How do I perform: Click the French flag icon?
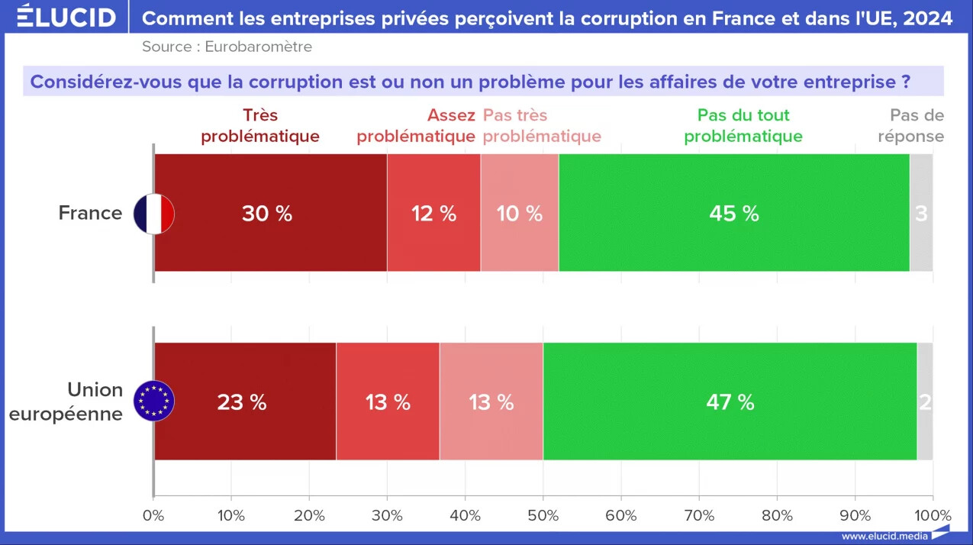tap(154, 214)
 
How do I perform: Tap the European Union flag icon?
tap(154, 401)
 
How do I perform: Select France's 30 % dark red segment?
tap(271, 212)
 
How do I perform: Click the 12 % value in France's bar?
tap(433, 214)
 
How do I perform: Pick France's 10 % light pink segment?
tap(520, 212)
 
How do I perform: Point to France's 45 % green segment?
tap(734, 212)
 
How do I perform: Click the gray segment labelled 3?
tap(921, 212)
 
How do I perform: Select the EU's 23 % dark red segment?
tap(245, 401)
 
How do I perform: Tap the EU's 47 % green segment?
tap(730, 401)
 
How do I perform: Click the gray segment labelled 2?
tap(925, 401)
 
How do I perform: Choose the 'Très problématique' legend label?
tap(260, 126)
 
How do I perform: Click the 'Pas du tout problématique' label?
tap(743, 126)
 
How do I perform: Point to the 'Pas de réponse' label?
tap(911, 126)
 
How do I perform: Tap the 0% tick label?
tap(153, 515)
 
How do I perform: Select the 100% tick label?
tap(933, 515)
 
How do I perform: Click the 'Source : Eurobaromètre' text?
tap(227, 47)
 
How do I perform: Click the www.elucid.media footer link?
tap(884, 537)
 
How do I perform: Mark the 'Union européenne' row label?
tap(66, 401)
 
